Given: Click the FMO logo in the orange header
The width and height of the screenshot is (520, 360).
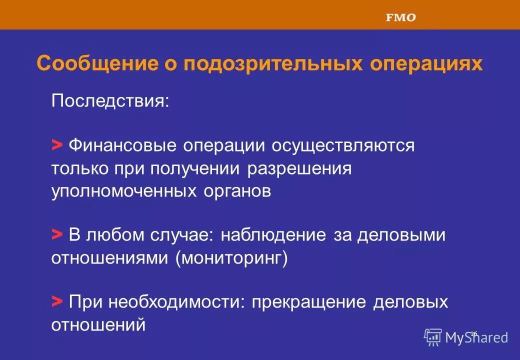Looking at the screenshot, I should tap(400, 17).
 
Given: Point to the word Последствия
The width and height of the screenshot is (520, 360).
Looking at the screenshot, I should tap(110, 101).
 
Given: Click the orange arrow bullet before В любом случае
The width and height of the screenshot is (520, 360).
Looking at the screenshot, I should tap(57, 234).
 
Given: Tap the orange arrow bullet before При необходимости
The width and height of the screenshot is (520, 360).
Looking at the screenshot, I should tap(57, 302).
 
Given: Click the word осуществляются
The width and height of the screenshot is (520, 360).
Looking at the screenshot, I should tap(343, 145).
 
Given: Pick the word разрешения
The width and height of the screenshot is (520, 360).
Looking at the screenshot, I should tap(299, 168).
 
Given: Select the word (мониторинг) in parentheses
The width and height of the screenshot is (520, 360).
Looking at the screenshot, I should tap(231, 258).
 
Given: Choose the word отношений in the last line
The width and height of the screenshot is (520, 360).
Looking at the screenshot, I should tap(98, 325).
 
